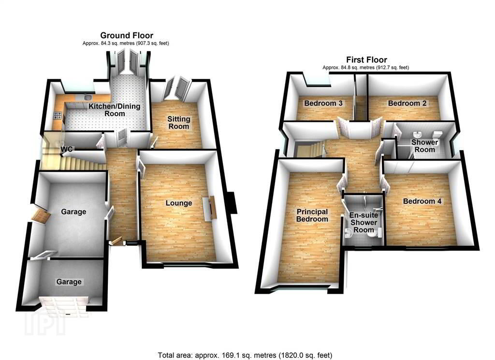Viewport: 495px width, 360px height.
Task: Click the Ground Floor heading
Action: tap(127, 35)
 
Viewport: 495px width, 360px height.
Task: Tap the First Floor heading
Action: tap(366, 60)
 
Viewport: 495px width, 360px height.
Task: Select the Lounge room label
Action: tap(179, 203)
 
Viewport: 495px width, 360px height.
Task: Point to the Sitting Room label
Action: tap(179, 122)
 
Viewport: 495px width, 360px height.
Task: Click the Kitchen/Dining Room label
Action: tap(114, 110)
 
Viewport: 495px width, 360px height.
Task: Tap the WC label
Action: tap(67, 149)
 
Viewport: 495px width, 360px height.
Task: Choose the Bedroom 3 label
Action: tap(323, 104)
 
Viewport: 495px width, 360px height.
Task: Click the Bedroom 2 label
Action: tap(407, 104)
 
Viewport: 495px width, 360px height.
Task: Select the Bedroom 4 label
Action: tap(422, 201)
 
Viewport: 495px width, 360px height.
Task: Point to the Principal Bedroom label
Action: tap(312, 215)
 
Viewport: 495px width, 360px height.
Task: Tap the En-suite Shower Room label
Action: tap(364, 223)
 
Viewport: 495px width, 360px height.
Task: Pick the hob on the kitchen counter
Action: tap(58, 116)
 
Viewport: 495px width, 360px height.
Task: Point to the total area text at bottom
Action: tap(245, 355)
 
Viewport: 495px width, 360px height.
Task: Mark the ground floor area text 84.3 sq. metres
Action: tap(108, 43)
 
